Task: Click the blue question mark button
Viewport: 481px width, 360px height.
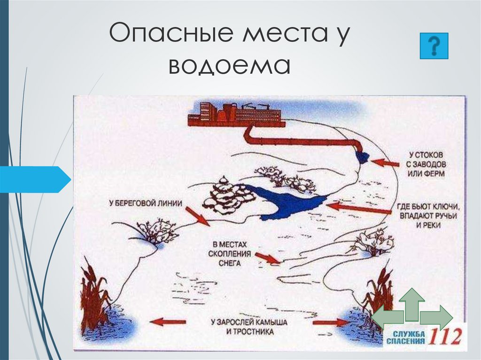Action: click(x=433, y=46)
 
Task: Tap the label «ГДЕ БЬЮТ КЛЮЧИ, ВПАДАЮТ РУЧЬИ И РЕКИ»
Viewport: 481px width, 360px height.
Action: click(x=427, y=215)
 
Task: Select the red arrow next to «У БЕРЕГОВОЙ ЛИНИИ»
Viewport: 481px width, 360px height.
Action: click(x=198, y=216)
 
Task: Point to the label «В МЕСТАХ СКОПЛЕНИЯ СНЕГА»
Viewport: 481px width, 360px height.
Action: click(x=230, y=254)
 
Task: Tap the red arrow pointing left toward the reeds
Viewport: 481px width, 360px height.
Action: click(x=168, y=322)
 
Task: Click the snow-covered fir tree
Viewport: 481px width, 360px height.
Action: click(x=223, y=197)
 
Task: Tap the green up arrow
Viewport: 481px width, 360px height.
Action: click(x=412, y=302)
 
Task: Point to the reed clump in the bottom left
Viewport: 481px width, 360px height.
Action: click(x=94, y=296)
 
